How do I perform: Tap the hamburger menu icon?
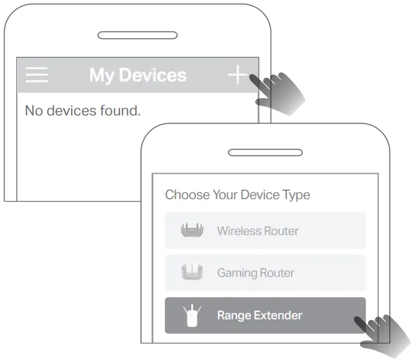[x=36, y=75]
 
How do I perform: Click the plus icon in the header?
[x=237, y=75]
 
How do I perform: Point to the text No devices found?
[x=82, y=111]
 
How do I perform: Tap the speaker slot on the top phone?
[x=137, y=35]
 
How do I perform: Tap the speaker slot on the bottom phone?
[x=265, y=153]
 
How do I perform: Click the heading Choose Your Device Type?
[x=237, y=195]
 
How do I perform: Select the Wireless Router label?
[x=257, y=231]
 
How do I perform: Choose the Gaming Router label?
[x=255, y=273]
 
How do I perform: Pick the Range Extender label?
[x=259, y=316]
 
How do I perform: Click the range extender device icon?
[x=192, y=316]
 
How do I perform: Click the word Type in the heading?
[x=298, y=195]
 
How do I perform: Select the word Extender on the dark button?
[x=278, y=316]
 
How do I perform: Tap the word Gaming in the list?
[x=236, y=273]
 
